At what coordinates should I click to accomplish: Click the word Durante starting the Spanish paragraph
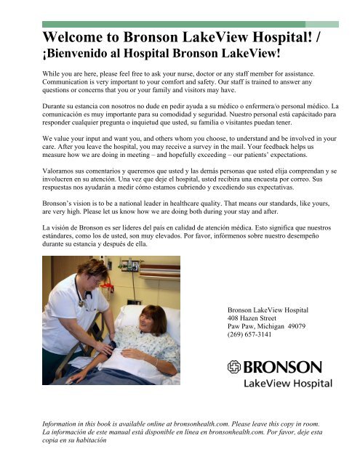(x=58, y=106)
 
